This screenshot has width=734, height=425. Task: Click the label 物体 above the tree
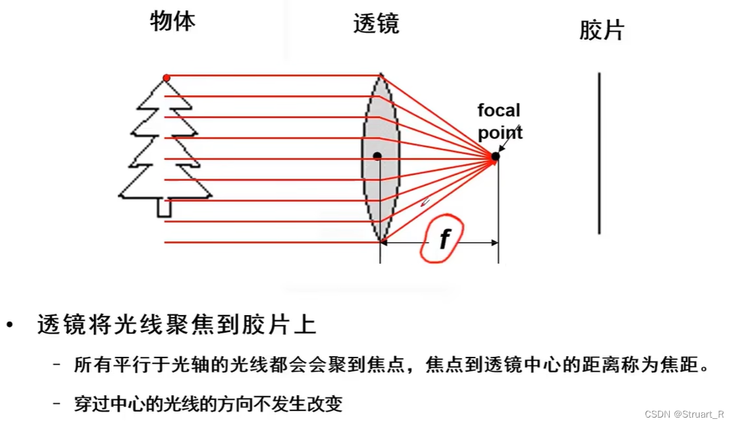click(x=173, y=22)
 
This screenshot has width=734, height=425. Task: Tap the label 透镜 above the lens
click(x=376, y=24)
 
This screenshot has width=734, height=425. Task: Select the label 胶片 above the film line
click(x=602, y=30)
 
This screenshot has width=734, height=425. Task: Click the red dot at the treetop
click(x=167, y=78)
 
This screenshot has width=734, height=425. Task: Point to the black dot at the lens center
click(x=377, y=157)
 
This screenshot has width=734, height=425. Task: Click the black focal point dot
click(x=495, y=157)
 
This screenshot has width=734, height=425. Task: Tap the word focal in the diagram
click(x=499, y=110)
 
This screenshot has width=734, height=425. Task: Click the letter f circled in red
click(x=444, y=239)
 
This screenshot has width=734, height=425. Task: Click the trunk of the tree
click(x=163, y=208)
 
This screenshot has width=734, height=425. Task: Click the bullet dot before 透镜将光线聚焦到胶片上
click(x=9, y=327)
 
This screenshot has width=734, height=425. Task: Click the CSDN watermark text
click(x=684, y=414)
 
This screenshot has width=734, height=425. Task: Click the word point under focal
click(x=500, y=133)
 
